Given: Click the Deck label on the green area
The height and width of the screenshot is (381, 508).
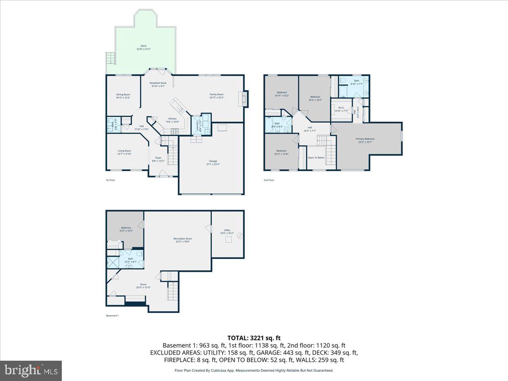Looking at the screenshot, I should pyautogui.click(x=144, y=47).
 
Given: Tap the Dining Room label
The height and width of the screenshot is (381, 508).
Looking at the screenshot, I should pyautogui.click(x=123, y=96).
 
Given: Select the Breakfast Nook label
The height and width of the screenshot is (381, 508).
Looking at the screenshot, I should pyautogui.click(x=158, y=84).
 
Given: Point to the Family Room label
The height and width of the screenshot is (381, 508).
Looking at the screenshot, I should pyautogui.click(x=216, y=96).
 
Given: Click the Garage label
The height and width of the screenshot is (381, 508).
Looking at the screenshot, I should pyautogui.click(x=213, y=162).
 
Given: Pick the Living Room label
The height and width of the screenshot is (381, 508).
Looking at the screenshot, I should pyautogui.click(x=124, y=152).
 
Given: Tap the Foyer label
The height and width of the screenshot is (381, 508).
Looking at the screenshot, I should pyautogui.click(x=158, y=159).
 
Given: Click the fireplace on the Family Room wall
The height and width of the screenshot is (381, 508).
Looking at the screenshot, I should pyautogui.click(x=245, y=99).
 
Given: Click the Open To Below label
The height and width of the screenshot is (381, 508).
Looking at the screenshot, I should pyautogui.click(x=316, y=157).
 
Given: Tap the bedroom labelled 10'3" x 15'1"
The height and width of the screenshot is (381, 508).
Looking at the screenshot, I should pyautogui.click(x=315, y=98).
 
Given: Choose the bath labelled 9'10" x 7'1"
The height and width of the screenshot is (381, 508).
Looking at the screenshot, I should pyautogui.click(x=356, y=82).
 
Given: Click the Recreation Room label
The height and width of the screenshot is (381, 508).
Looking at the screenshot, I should pyautogui.click(x=182, y=240).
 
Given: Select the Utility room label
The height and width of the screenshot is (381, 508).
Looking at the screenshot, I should pyautogui.click(x=227, y=231).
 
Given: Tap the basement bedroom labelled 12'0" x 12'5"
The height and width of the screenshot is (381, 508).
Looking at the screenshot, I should pyautogui.click(x=126, y=229).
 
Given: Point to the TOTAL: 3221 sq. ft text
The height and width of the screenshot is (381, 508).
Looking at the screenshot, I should pyautogui.click(x=254, y=338).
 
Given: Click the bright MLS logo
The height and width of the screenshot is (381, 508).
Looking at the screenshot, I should pyautogui.click(x=31, y=371).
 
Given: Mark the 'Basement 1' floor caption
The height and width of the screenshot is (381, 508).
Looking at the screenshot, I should pyautogui.click(x=112, y=316).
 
